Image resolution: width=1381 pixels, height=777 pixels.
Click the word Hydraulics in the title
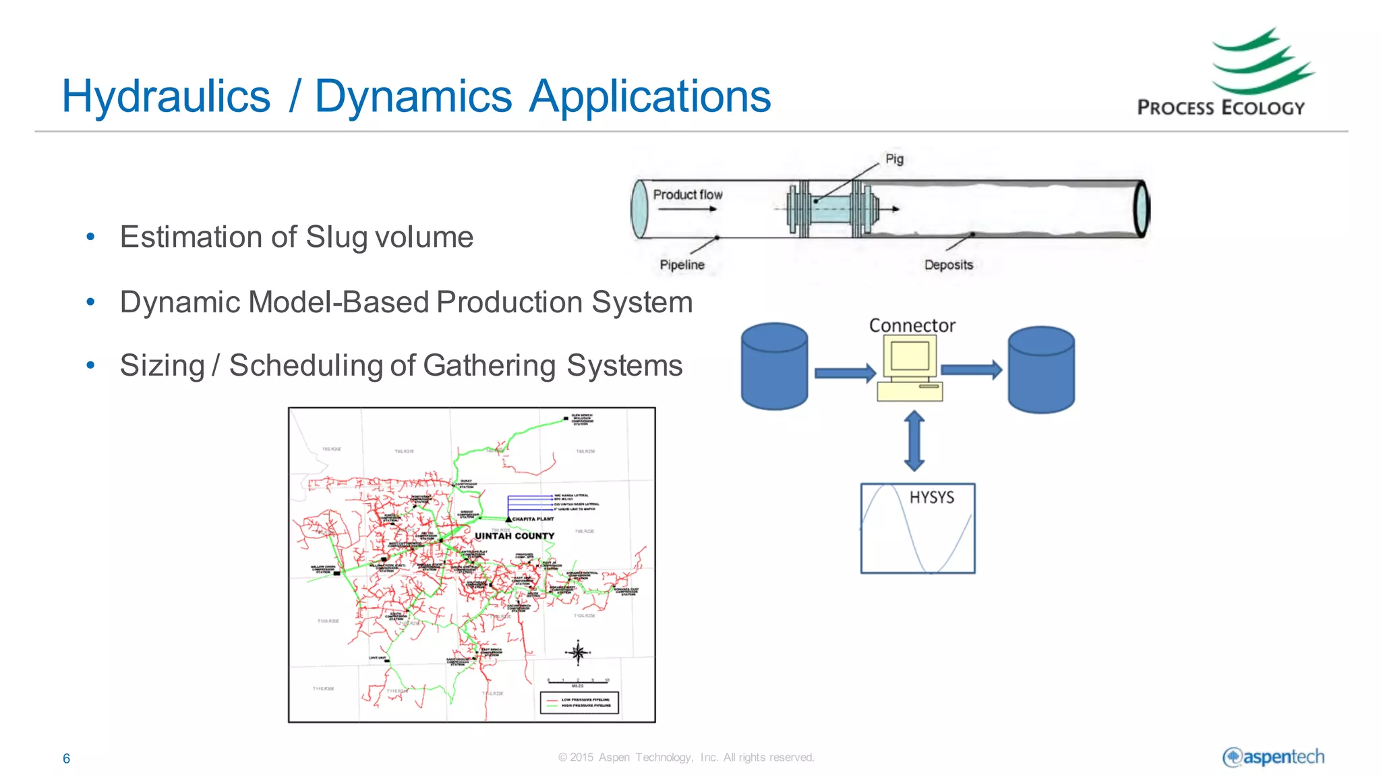(166, 96)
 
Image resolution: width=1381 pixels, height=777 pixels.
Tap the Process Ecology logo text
(1221, 108)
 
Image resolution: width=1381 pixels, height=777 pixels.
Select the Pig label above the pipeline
(894, 159)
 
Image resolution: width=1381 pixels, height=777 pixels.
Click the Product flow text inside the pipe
(687, 195)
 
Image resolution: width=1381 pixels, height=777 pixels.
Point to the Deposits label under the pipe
(948, 265)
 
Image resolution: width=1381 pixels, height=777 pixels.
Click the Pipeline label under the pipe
(682, 265)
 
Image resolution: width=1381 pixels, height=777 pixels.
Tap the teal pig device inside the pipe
(833, 209)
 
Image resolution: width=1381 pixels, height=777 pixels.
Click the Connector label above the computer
(912, 326)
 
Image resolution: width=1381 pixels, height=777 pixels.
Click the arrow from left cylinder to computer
(844, 373)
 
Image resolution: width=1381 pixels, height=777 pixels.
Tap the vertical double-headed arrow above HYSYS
(914, 441)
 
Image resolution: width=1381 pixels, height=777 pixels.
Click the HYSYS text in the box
(931, 498)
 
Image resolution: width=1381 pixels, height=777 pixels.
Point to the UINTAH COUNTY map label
(515, 536)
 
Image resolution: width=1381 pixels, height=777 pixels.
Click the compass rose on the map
(578, 652)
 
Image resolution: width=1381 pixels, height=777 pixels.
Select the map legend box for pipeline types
(579, 702)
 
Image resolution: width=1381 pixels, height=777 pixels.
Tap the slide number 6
(66, 759)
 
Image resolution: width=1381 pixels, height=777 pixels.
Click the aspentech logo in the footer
(1273, 757)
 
